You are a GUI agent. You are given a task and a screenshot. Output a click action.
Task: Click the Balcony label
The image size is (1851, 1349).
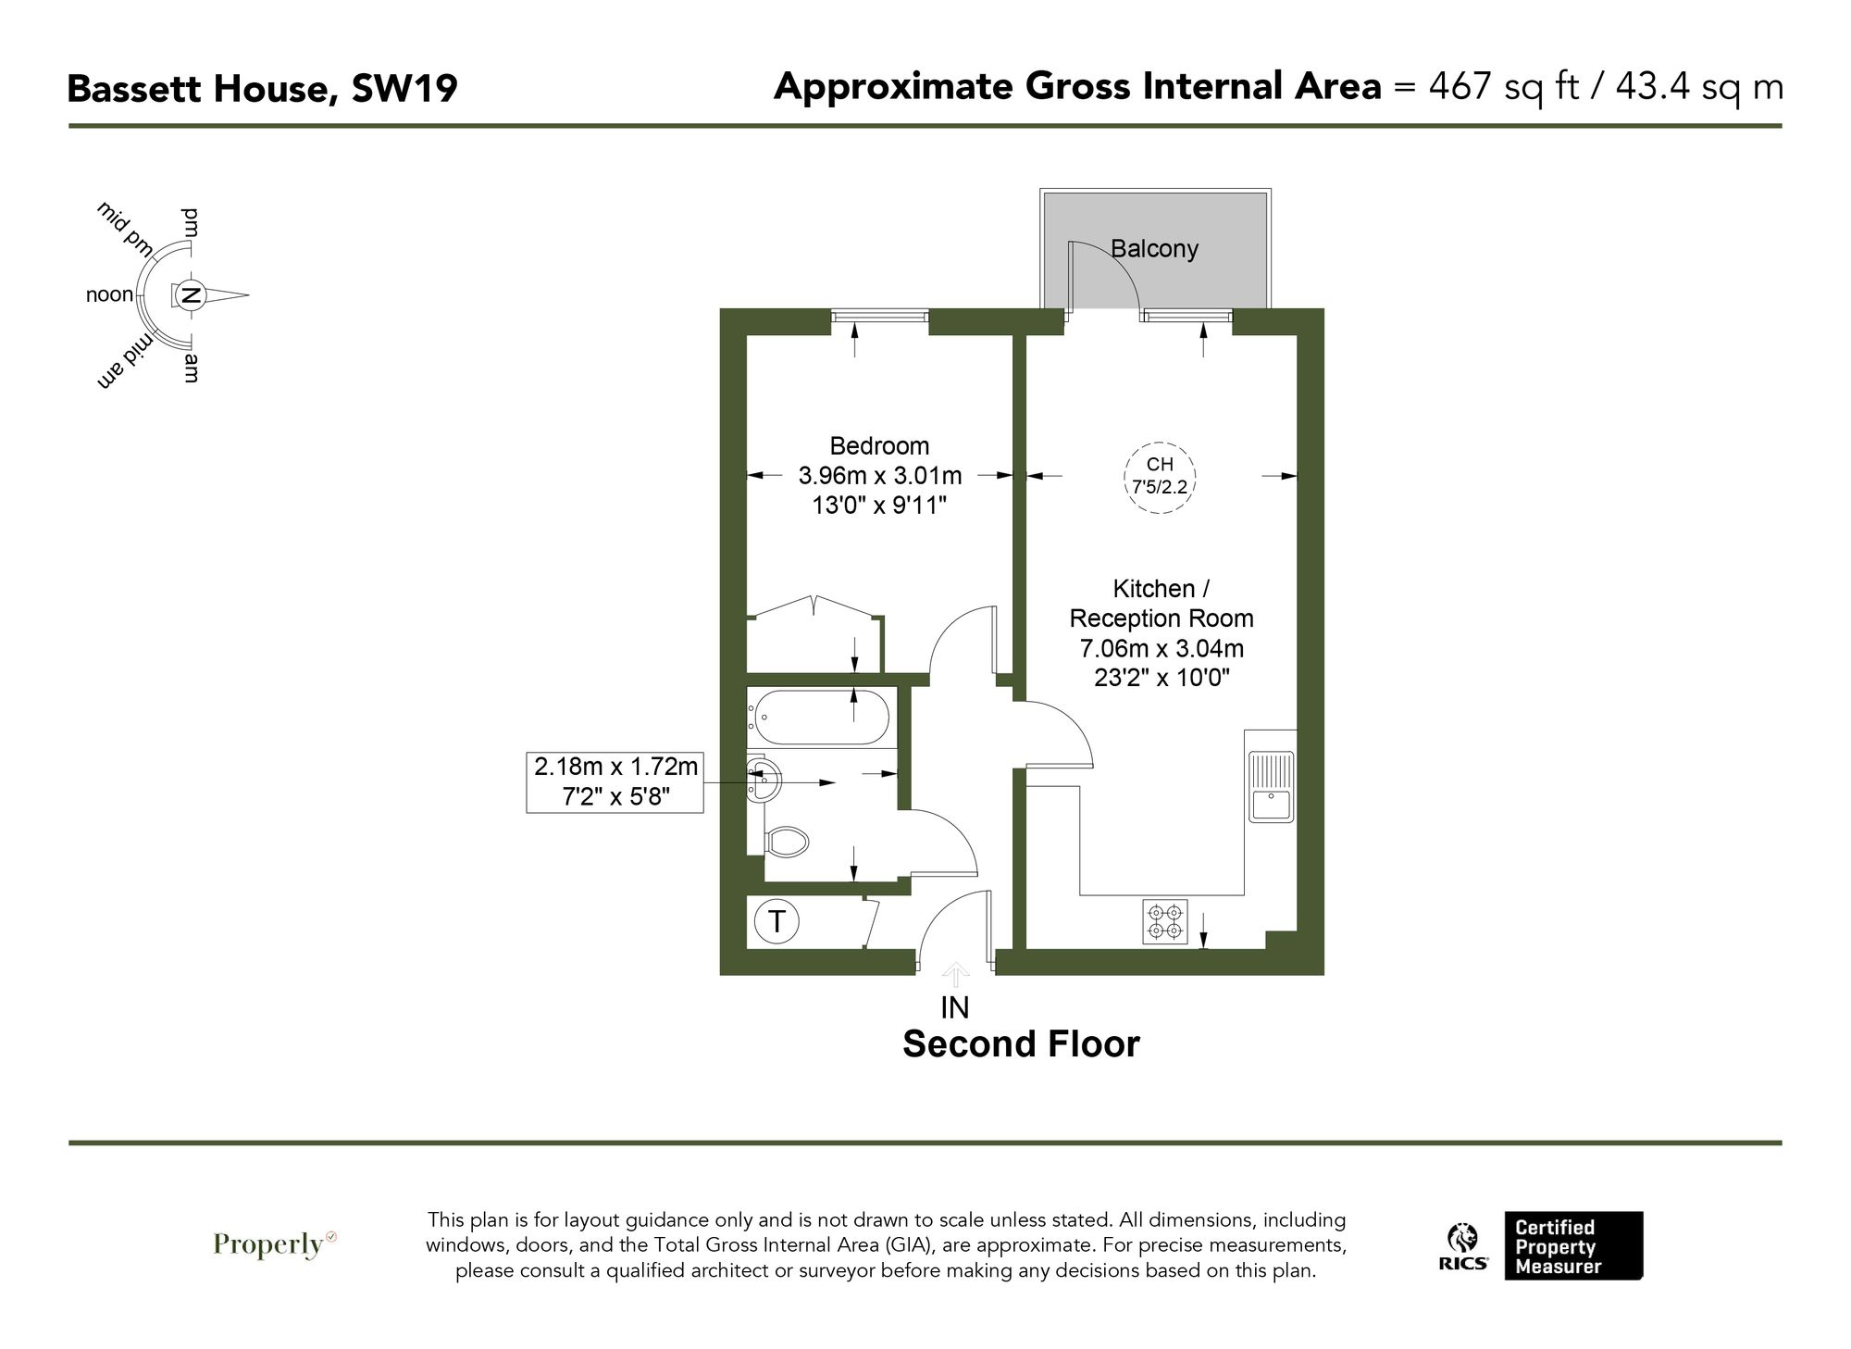(1154, 249)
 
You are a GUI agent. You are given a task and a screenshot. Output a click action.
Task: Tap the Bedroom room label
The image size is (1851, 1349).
(879, 445)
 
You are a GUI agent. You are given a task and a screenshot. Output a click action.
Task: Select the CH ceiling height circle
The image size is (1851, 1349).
(1160, 475)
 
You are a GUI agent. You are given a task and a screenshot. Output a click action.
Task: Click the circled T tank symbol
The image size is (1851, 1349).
(776, 921)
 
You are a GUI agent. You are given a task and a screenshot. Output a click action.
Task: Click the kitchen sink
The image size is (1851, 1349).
(1270, 787)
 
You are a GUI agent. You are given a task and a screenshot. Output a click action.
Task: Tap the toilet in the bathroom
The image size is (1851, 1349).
(788, 842)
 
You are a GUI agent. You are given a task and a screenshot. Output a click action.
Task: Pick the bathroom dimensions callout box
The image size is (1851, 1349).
(615, 781)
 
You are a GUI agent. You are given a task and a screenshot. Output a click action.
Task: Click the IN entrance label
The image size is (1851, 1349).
(954, 1007)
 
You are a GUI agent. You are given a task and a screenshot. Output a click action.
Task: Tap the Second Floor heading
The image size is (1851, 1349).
(1021, 1044)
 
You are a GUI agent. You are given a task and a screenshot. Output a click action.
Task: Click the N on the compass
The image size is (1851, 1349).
(191, 296)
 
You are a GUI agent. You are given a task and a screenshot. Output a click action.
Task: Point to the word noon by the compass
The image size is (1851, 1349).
(109, 295)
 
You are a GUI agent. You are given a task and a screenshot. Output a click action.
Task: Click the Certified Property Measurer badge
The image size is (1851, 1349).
(1572, 1246)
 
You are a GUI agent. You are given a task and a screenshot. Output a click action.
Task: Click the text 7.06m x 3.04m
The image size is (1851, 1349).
(1161, 648)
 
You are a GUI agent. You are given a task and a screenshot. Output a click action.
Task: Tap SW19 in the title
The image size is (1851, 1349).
(404, 90)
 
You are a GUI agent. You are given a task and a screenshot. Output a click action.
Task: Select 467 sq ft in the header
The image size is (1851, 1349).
(1503, 87)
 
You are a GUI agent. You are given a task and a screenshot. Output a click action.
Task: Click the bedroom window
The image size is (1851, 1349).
(879, 317)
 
